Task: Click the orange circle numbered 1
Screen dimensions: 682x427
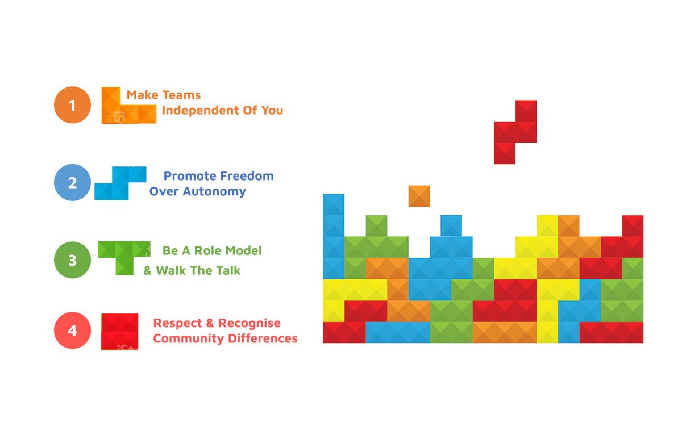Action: pyautogui.click(x=73, y=105)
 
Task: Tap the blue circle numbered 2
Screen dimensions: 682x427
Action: pyautogui.click(x=73, y=182)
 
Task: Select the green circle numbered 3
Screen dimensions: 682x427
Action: pyautogui.click(x=73, y=260)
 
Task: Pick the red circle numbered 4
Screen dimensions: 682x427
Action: pyautogui.click(x=73, y=330)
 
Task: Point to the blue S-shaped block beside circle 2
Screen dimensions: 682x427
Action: pyautogui.click(x=120, y=183)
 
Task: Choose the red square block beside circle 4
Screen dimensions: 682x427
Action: pyautogui.click(x=120, y=332)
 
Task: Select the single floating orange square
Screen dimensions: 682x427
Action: pyautogui.click(x=419, y=196)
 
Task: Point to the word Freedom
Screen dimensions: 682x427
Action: pyautogui.click(x=247, y=176)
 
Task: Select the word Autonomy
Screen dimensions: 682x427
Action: pyautogui.click(x=214, y=192)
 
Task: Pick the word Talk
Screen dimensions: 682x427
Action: pyautogui.click(x=228, y=270)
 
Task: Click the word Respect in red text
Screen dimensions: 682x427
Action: pyautogui.click(x=177, y=324)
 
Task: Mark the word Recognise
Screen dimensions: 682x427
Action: pyautogui.click(x=249, y=324)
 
